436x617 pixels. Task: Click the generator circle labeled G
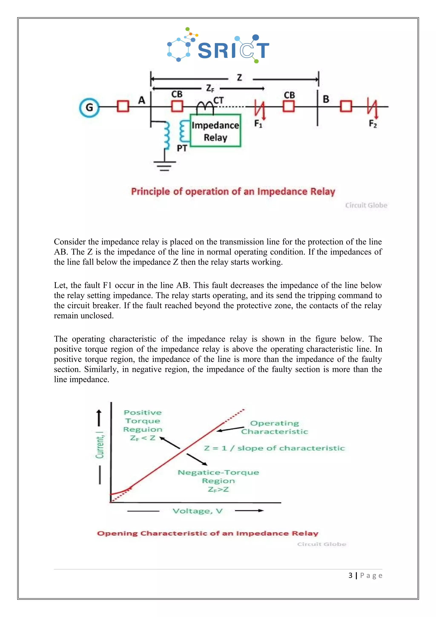[x=89, y=107]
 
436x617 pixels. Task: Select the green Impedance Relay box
[x=215, y=131]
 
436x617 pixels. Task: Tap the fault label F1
[x=258, y=124]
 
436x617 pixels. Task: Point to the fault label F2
[x=373, y=124]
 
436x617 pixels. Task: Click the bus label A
[x=142, y=100]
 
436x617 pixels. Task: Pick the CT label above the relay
[x=218, y=100]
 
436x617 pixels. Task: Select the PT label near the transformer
[x=182, y=148]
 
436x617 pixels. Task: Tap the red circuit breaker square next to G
[x=123, y=106]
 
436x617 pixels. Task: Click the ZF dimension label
[x=210, y=88]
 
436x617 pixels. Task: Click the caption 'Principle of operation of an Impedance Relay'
[x=233, y=192]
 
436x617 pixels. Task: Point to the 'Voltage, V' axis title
[x=197, y=511]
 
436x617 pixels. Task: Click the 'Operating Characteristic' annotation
[x=274, y=427]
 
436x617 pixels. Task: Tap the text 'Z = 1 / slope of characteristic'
[x=274, y=448]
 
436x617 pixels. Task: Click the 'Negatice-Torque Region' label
[x=218, y=477]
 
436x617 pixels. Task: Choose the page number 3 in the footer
[x=350, y=575]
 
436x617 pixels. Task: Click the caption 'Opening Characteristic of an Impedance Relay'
[x=208, y=533]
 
